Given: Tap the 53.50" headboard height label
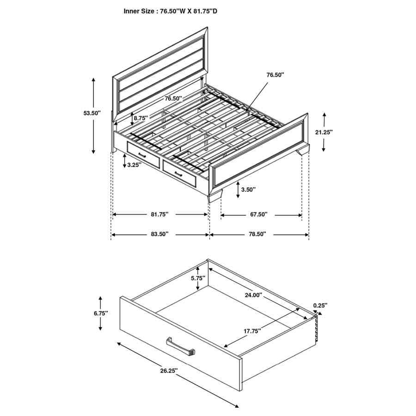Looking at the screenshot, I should pyautogui.click(x=92, y=113).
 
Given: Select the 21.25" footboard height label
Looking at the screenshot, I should pyautogui.click(x=324, y=132).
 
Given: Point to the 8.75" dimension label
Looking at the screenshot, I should pyautogui.click(x=141, y=118).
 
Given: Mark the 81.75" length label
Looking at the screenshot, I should pyautogui.click(x=159, y=214).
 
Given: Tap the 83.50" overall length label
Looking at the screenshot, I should pyautogui.click(x=159, y=235).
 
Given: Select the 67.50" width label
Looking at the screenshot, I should pyautogui.click(x=258, y=214).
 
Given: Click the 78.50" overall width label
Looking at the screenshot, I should pyautogui.click(x=257, y=235).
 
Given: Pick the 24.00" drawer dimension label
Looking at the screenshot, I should pyautogui.click(x=253, y=295).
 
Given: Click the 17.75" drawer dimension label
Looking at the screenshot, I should pyautogui.click(x=252, y=331).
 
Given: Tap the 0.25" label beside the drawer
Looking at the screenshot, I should pyautogui.click(x=320, y=306).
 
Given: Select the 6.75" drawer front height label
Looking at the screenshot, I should pyautogui.click(x=100, y=313).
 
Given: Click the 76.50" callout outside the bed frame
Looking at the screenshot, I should pyautogui.click(x=275, y=74).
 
